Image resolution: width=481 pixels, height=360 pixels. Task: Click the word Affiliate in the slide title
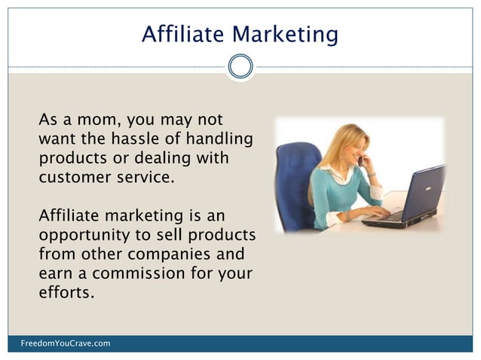click(x=182, y=34)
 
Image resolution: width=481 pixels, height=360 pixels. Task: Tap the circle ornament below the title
click(x=240, y=66)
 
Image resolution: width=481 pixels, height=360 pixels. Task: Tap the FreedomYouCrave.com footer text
click(x=66, y=343)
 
